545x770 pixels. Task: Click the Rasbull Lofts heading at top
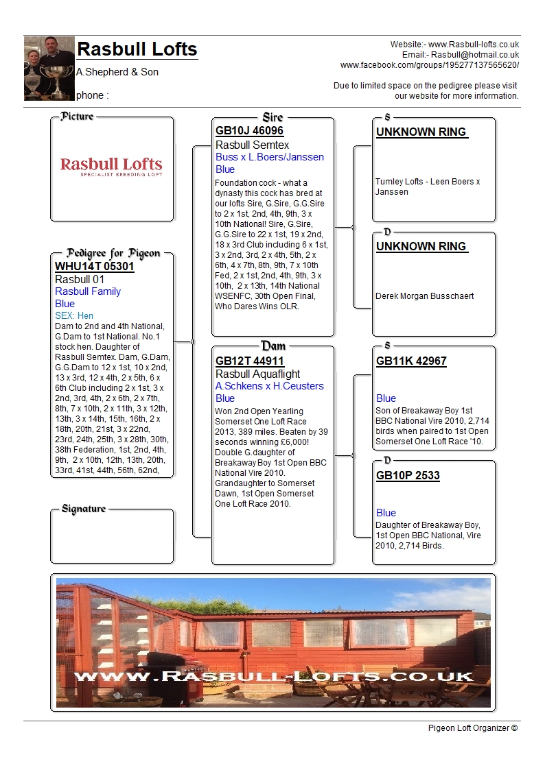coord(137,49)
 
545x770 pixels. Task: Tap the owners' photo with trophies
coord(49,68)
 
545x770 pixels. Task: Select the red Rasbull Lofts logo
coord(111,167)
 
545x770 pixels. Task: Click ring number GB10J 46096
coord(249,130)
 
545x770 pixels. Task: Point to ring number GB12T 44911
coord(249,361)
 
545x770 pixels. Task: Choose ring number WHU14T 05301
coord(94,267)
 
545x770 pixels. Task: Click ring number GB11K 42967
coord(411,361)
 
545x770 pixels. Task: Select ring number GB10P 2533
coord(408,475)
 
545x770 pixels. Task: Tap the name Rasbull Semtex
coord(252,145)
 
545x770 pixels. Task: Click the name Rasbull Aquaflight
coord(257,374)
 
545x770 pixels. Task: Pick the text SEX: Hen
coord(74,315)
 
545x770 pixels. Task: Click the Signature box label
coord(84,509)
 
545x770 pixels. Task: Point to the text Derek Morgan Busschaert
coord(424,296)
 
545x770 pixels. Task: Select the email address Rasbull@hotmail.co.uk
coord(474,55)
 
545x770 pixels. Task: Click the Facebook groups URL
coord(430,65)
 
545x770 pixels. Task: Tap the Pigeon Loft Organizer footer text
coord(472,727)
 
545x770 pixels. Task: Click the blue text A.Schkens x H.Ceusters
coord(269,386)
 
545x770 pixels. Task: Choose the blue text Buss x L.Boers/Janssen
coord(269,157)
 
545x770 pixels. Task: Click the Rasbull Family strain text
coord(87,291)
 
